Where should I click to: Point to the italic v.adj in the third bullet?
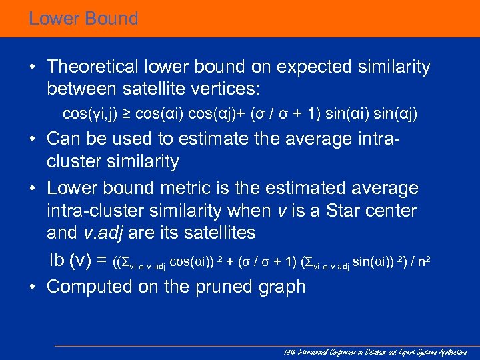[103, 233]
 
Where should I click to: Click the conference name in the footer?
[374, 351]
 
